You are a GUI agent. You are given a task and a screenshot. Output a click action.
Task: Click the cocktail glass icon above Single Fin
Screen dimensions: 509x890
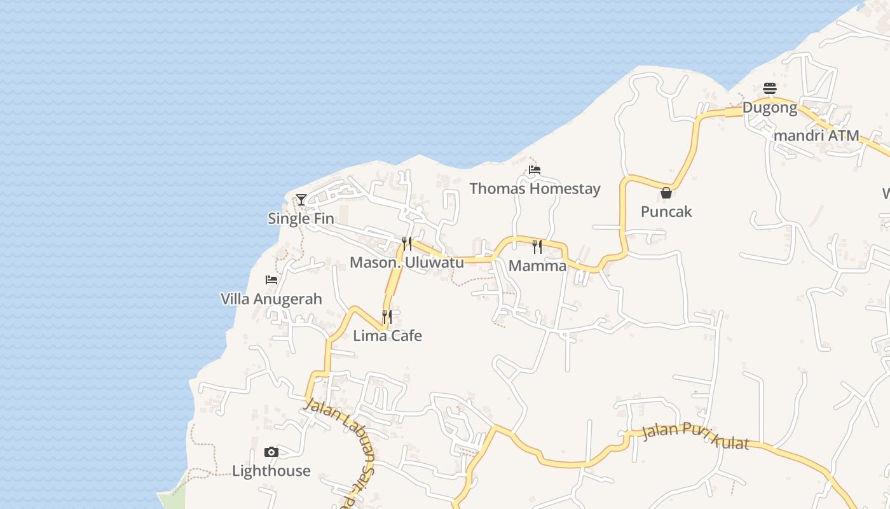pos(301,200)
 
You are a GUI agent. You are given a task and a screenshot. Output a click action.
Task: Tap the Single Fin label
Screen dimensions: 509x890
pos(301,218)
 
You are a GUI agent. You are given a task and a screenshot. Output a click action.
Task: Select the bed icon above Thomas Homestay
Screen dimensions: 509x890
pos(535,170)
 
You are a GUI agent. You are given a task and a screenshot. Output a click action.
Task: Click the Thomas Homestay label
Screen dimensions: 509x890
pos(535,188)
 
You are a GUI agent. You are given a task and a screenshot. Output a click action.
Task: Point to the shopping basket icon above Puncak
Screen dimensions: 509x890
pos(666,192)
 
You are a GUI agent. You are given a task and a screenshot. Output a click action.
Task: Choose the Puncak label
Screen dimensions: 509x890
pos(666,211)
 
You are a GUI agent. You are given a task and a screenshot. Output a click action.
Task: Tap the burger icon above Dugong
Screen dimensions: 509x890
pos(770,88)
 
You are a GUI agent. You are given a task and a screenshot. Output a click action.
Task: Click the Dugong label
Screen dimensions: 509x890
pos(770,108)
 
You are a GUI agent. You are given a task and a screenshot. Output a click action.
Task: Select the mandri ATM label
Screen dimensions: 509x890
pos(816,136)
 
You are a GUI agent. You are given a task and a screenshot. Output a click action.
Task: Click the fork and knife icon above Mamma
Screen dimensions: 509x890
pos(537,246)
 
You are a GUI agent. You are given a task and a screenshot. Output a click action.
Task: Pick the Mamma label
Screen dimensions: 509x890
pos(538,265)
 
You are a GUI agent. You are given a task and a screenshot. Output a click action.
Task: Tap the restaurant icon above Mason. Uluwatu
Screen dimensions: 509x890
pos(407,243)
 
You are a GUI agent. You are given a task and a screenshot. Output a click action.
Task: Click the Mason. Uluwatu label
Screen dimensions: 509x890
pos(407,262)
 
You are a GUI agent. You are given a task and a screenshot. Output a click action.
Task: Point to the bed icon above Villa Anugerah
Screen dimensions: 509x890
pos(271,280)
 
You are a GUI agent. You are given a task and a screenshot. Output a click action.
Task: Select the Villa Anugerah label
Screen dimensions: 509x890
pos(271,298)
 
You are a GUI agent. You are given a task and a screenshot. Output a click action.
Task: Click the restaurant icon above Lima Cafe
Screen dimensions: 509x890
pos(387,316)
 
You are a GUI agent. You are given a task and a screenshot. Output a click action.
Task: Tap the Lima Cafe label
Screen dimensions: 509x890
pos(387,335)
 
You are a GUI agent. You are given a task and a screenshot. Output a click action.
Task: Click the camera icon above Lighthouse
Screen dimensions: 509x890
pos(271,452)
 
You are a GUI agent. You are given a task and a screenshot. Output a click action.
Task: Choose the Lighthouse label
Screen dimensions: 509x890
pos(271,471)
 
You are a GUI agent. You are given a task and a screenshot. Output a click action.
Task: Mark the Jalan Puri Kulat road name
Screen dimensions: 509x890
pos(695,436)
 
